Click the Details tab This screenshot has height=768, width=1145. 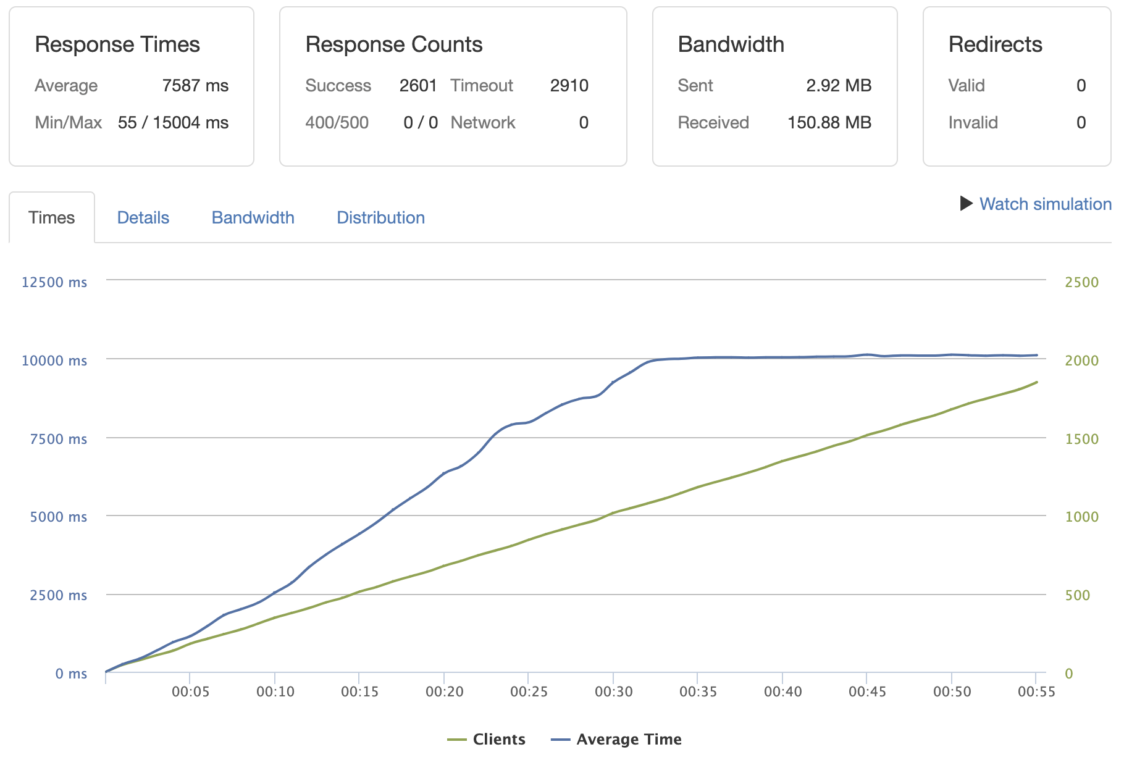click(x=143, y=218)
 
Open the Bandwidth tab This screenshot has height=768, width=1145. click(x=253, y=218)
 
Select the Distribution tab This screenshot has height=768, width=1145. click(x=380, y=218)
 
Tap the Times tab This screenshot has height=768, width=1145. click(x=51, y=218)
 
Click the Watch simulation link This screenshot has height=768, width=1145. click(x=1045, y=204)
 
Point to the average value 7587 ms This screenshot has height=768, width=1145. click(x=195, y=86)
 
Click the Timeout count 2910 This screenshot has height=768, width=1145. click(x=569, y=86)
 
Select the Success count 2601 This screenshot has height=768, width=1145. click(x=418, y=86)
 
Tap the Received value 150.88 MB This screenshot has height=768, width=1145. click(x=829, y=123)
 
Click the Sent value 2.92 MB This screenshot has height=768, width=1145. click(x=838, y=86)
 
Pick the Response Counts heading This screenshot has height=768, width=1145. click(x=394, y=44)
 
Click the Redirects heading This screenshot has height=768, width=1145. click(x=995, y=44)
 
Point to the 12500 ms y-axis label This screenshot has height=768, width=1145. click(x=54, y=282)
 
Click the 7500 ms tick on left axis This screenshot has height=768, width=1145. click(x=59, y=439)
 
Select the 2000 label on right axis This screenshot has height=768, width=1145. click(x=1081, y=361)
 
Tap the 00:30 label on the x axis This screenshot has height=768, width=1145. click(x=613, y=692)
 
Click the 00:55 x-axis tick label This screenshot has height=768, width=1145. click(x=1036, y=692)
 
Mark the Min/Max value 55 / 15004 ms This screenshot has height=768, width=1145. click(x=173, y=123)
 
